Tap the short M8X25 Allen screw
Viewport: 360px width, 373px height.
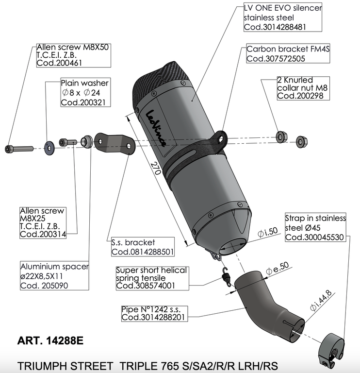67,142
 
